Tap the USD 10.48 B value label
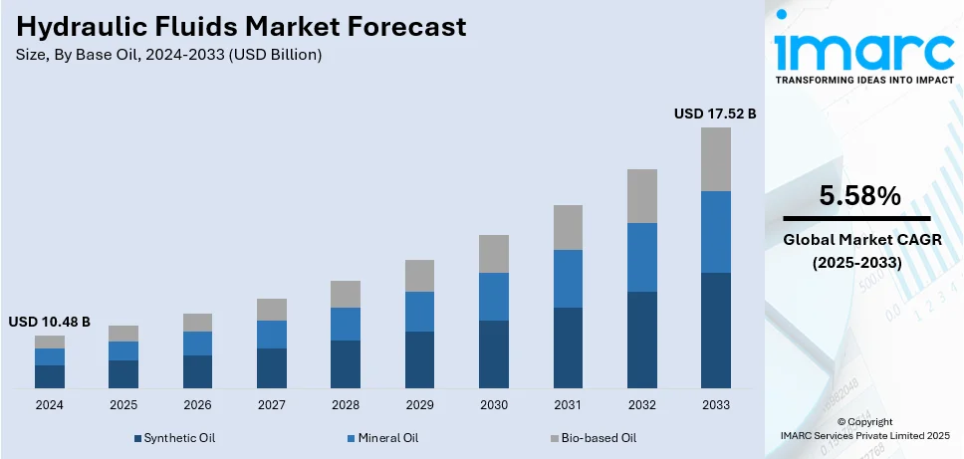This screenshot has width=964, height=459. point(50,322)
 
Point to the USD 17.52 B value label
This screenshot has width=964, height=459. point(715,115)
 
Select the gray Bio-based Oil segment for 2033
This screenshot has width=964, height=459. point(715,159)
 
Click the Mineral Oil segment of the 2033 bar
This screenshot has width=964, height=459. point(715,232)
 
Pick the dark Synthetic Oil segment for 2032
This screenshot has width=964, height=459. point(641,340)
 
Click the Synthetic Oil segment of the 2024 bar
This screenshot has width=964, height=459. point(50,376)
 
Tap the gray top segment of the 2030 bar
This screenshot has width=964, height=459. point(493,254)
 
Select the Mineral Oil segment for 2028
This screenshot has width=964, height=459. point(346,324)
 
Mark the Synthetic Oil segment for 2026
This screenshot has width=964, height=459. point(197,371)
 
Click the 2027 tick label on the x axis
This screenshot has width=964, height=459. point(271,405)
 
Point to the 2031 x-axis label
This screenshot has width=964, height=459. point(568,405)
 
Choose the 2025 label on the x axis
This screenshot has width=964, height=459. point(123,405)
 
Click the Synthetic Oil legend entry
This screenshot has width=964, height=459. point(174,438)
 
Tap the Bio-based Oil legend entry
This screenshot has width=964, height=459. point(592,438)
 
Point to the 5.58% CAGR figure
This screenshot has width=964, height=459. point(859,197)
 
